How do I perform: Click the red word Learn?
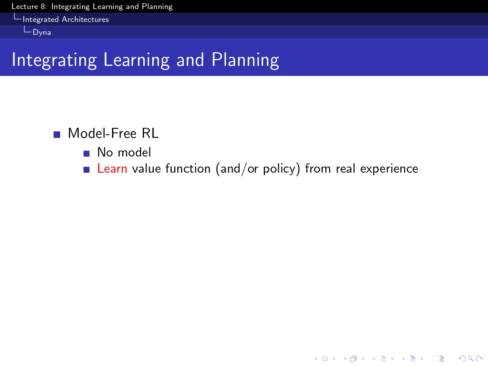coord(112,168)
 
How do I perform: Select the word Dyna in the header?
coord(42,33)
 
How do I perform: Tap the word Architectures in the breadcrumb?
coord(86,19)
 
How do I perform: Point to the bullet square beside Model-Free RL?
coord(57,135)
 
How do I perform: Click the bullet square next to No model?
coord(86,154)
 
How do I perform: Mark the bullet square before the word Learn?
coord(86,170)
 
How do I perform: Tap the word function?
coord(188,168)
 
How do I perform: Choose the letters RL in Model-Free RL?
coord(150,133)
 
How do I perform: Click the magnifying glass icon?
coord(471,359)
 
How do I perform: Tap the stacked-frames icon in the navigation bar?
coord(353,359)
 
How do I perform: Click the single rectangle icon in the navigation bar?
coord(325,359)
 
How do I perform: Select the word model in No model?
coord(134,152)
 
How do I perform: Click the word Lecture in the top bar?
coord(25,6)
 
